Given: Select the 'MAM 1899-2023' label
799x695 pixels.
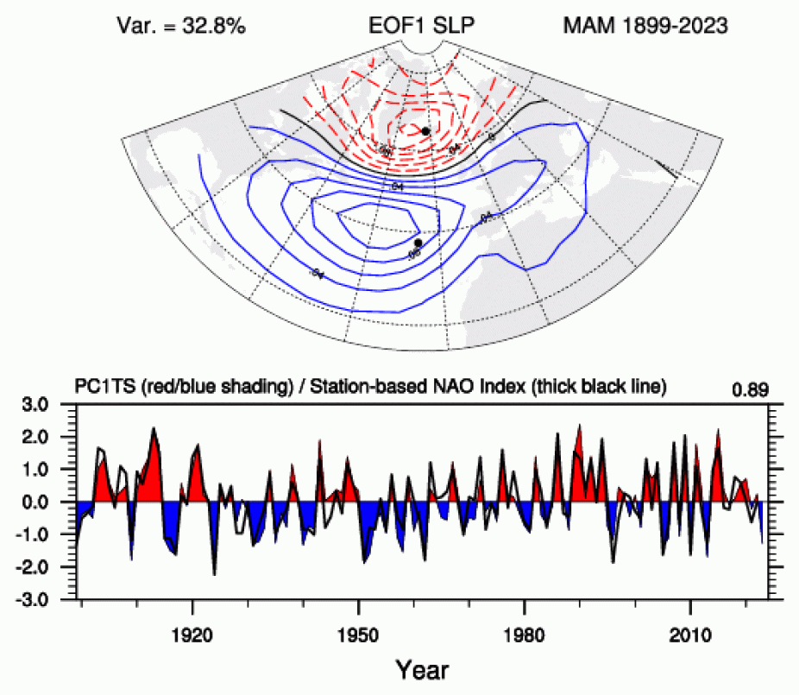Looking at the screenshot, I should coord(645,26).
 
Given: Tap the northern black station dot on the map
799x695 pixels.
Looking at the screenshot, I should coord(425,131).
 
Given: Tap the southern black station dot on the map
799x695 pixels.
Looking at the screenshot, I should coord(418,243).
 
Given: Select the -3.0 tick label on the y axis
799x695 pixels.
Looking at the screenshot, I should coord(48,599).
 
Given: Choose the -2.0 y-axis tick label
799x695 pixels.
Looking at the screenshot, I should coord(48,567).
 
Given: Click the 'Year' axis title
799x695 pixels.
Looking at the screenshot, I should coord(422,667).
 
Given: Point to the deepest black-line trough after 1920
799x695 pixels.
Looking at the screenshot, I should coord(214,573).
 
